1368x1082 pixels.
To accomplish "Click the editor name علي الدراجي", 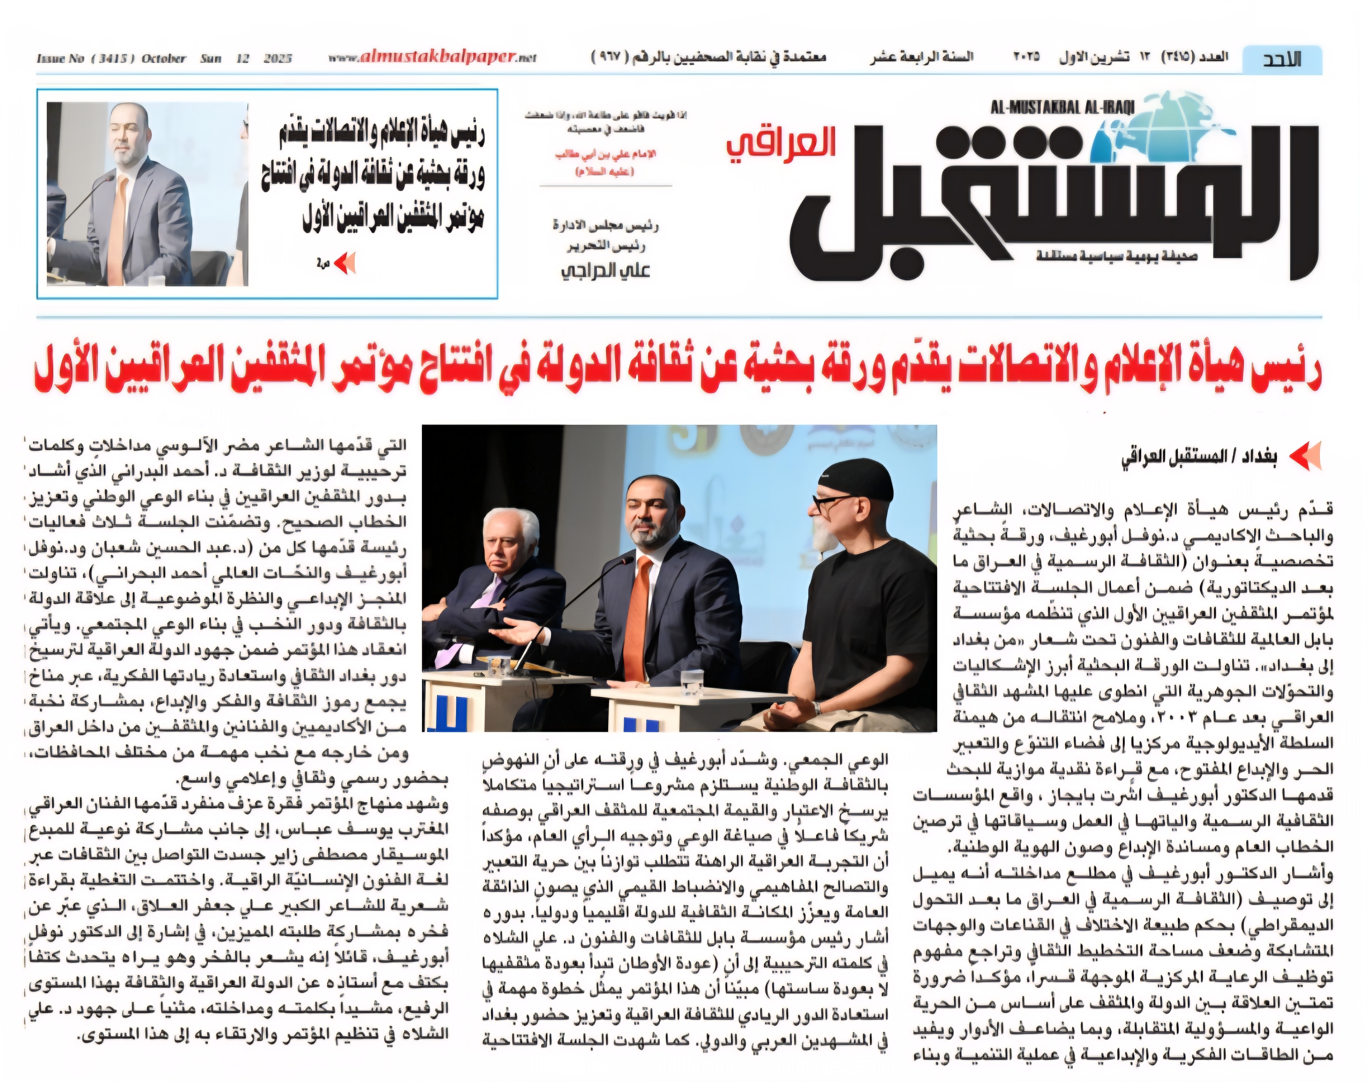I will point(605,270).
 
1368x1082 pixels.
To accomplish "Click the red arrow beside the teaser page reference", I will point(345,263).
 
